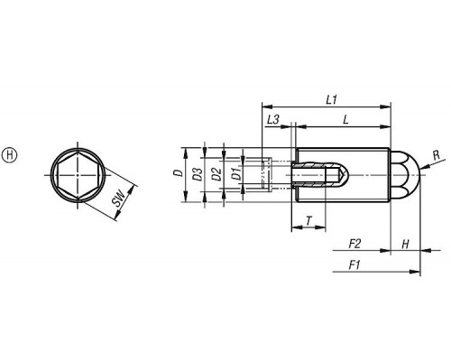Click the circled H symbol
tap(10, 155)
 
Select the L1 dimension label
tap(332, 99)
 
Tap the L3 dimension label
tap(273, 120)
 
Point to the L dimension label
tap(345, 120)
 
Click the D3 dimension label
tap(198, 174)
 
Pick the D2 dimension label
tap(216, 174)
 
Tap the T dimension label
tap(308, 221)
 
